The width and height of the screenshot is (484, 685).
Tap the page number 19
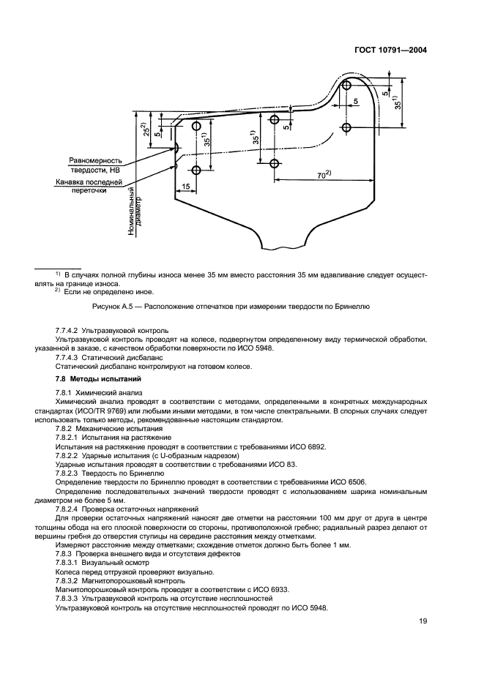point(422,621)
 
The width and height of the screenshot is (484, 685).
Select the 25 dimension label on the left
point(146,130)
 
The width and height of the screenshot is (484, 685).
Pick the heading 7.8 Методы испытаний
point(88,379)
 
